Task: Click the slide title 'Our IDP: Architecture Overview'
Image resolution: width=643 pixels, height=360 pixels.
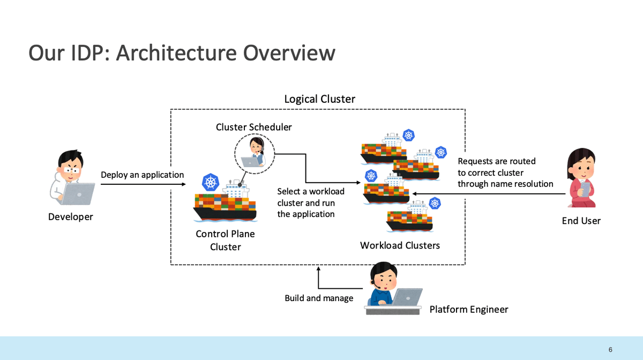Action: tap(182, 53)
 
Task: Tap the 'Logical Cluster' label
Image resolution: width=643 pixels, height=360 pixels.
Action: tap(319, 99)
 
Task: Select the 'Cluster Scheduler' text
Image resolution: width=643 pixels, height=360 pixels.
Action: tap(254, 127)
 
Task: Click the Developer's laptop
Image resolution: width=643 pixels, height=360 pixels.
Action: tap(78, 194)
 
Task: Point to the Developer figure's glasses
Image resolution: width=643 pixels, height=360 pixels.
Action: tap(71, 170)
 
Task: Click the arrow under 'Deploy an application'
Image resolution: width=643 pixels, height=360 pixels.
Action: tap(143, 184)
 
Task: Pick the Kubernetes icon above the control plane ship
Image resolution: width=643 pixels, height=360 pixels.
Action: tap(211, 182)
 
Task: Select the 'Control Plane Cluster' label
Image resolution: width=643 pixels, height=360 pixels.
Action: tap(226, 241)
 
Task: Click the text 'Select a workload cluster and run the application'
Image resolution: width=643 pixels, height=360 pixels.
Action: tap(311, 202)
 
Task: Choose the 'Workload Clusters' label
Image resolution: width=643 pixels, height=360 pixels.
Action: tap(400, 245)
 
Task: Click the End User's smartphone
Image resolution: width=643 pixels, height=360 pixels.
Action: tap(586, 190)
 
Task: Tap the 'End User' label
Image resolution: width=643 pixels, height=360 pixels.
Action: tap(581, 221)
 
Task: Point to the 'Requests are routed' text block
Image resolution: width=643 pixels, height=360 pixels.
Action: tap(505, 172)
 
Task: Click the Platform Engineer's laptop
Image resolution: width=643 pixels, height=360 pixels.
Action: tap(408, 297)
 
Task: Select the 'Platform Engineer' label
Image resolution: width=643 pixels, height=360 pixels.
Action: tap(469, 310)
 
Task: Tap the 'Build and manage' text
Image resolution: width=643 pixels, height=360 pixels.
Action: tap(319, 298)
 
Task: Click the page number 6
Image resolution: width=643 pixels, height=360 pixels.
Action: tap(610, 350)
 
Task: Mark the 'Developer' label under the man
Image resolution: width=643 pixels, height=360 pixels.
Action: tap(71, 217)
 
